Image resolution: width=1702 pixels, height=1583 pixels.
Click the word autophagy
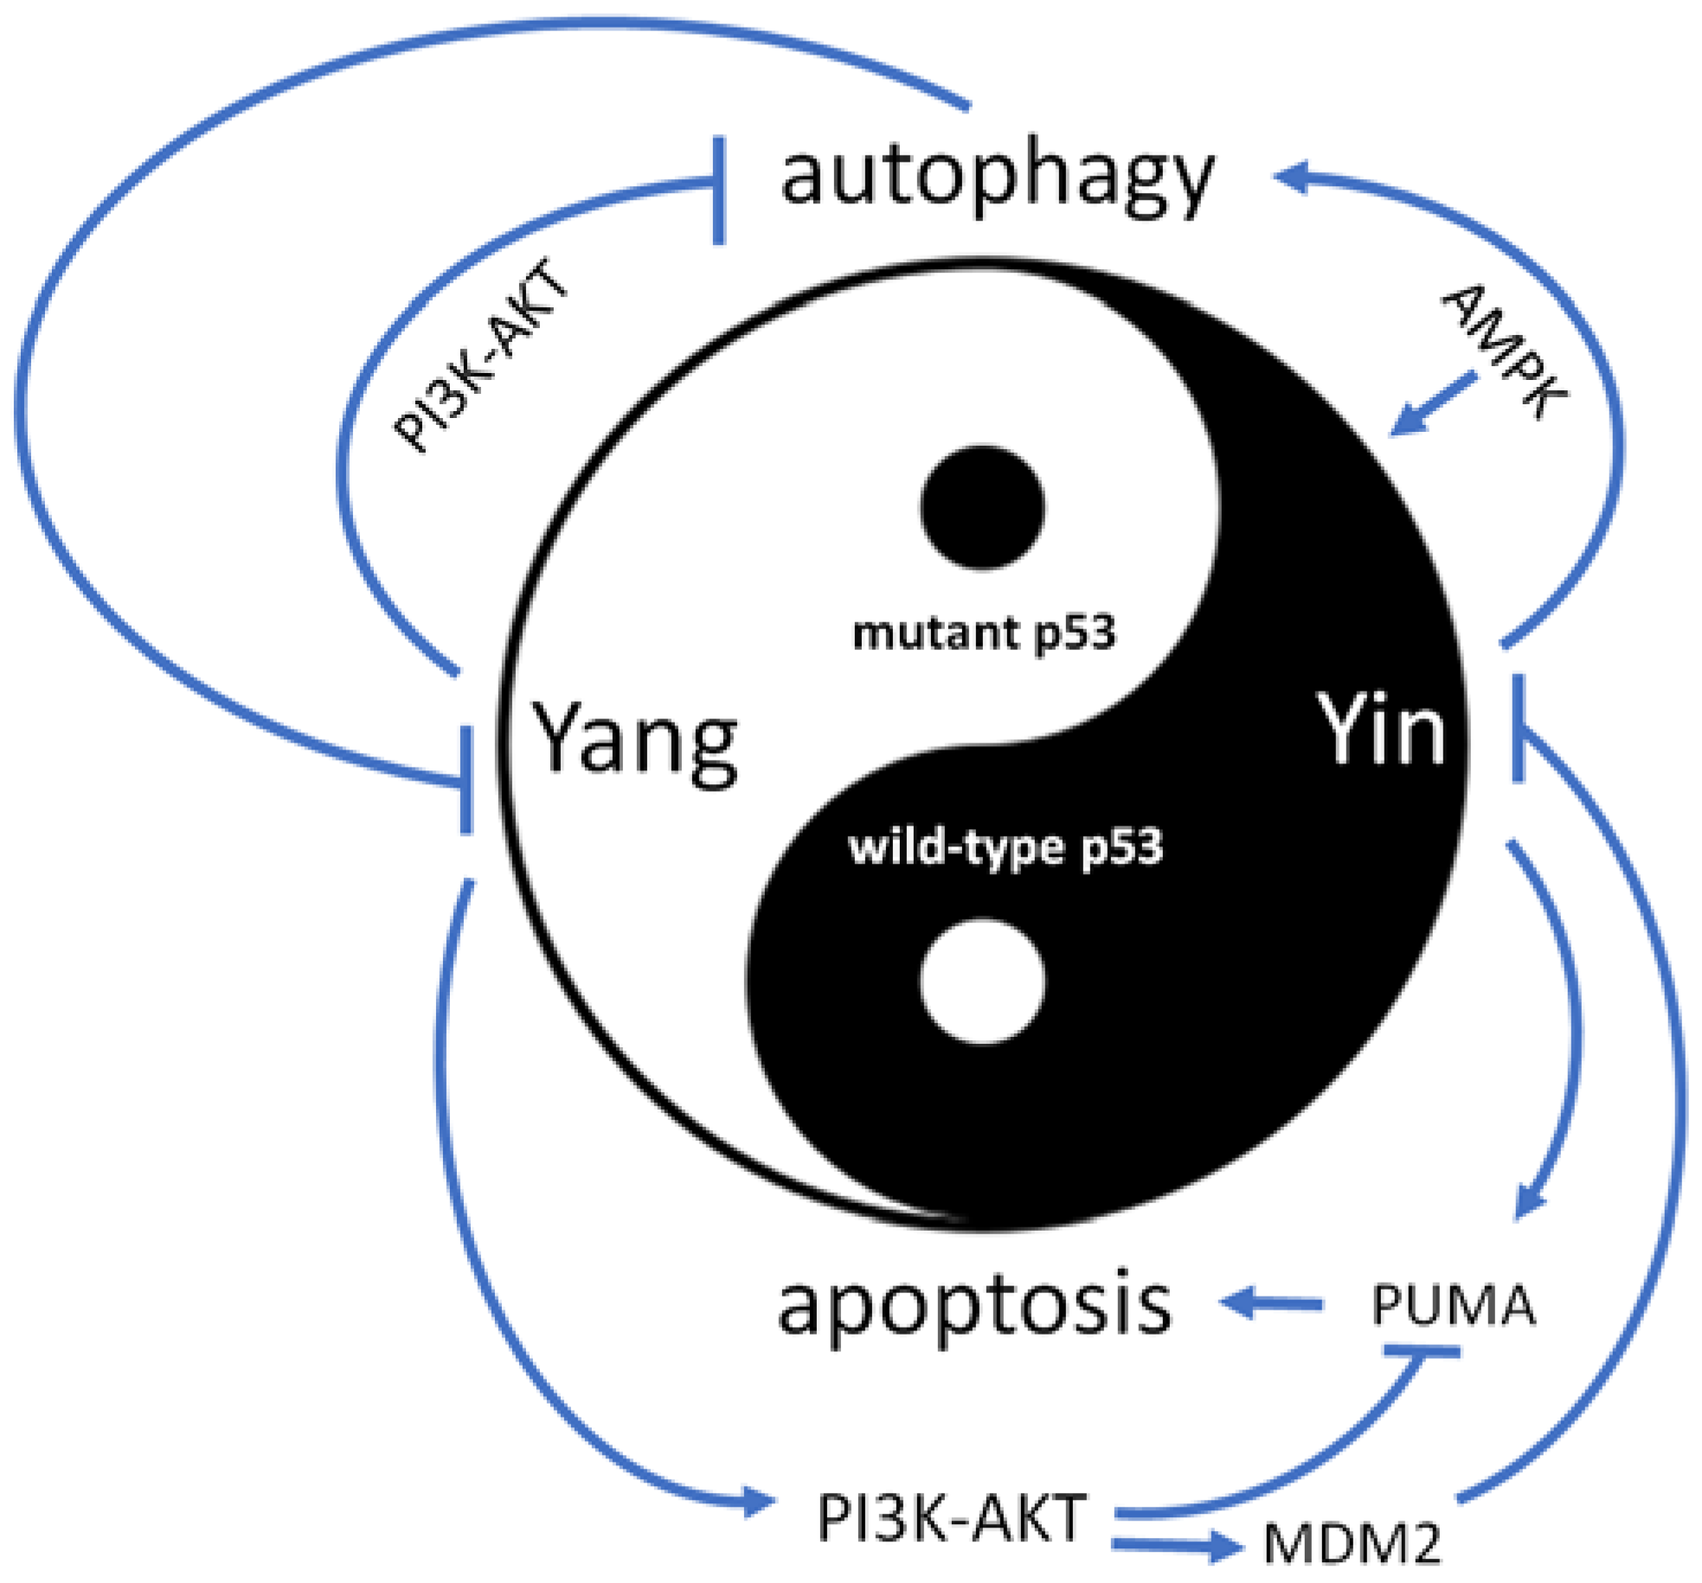pyautogui.click(x=997, y=180)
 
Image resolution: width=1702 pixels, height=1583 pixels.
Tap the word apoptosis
pyautogui.click(x=975, y=1304)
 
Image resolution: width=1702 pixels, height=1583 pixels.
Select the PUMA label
pyautogui.click(x=1453, y=1306)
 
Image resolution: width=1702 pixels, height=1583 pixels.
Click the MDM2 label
pyautogui.click(x=1352, y=1543)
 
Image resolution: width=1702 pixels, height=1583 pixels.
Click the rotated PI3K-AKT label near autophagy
pyautogui.click(x=481, y=355)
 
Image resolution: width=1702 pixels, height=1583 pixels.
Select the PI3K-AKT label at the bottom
pyautogui.click(x=950, y=1518)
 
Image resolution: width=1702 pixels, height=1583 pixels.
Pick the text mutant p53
pyautogui.click(x=984, y=634)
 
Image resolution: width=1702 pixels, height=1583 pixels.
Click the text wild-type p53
pyautogui.click(x=1005, y=847)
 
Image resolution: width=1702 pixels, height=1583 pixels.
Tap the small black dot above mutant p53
pyautogui.click(x=982, y=508)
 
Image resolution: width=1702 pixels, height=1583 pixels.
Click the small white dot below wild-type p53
pyautogui.click(x=982, y=981)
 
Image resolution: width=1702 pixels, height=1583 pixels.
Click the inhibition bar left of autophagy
pyautogui.click(x=719, y=190)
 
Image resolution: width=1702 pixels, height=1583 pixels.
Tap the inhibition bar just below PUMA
pyautogui.click(x=1421, y=1351)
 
